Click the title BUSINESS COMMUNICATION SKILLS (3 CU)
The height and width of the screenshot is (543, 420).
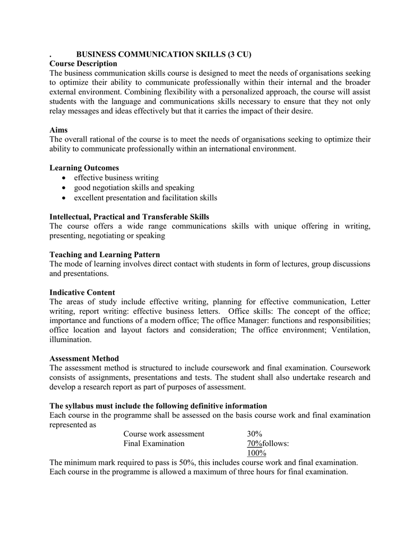pyautogui.click(x=164, y=54)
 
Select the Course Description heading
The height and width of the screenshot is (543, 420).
pyautogui.click(x=83, y=64)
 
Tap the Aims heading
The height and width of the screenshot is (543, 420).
pyautogui.click(x=58, y=129)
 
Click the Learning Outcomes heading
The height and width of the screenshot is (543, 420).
pyautogui.click(x=84, y=168)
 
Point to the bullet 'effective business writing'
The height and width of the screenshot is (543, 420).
pyautogui.click(x=116, y=178)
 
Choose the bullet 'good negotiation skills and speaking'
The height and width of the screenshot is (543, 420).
pyautogui.click(x=134, y=188)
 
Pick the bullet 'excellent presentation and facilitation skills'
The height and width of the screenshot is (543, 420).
pyautogui.click(x=145, y=198)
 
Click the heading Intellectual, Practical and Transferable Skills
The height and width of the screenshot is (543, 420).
pyautogui.click(x=129, y=216)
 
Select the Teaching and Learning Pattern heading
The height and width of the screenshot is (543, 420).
pyautogui.click(x=105, y=255)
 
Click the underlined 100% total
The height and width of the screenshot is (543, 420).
pyautogui.click(x=256, y=453)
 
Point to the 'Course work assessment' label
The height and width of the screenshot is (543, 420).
pyautogui.click(x=164, y=434)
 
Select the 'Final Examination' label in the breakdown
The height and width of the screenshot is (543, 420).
pyautogui.click(x=154, y=443)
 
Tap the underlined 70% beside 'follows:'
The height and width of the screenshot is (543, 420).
pyautogui.click(x=254, y=443)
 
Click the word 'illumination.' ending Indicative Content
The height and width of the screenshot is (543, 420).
pyautogui.click(x=70, y=339)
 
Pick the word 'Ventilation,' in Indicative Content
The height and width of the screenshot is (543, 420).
pyautogui.click(x=351, y=330)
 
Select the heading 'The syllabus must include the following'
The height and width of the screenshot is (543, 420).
pyautogui.click(x=158, y=406)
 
